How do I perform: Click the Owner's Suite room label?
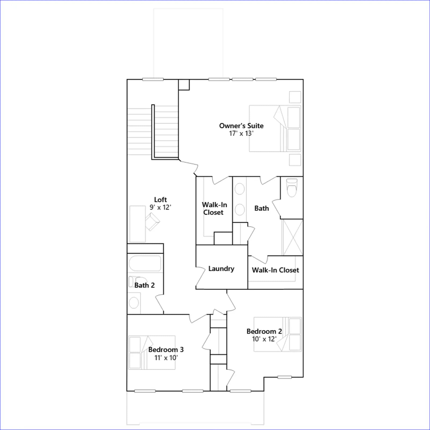click(x=241, y=126)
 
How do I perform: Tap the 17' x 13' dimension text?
click(x=241, y=134)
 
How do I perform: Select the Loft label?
click(x=160, y=200)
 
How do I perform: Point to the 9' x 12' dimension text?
click(x=160, y=207)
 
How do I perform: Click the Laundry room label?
click(x=221, y=269)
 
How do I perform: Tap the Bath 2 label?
click(x=145, y=285)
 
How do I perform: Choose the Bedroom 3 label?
click(x=166, y=350)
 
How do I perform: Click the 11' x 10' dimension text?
click(x=166, y=358)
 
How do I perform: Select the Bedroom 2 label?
click(x=264, y=331)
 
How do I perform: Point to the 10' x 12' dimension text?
click(x=264, y=339)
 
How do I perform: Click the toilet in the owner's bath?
click(x=292, y=188)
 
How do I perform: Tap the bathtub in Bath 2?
click(x=145, y=263)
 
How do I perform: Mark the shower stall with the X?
click(x=292, y=237)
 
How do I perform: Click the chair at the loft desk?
click(x=152, y=222)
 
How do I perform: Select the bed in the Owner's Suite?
click(x=275, y=128)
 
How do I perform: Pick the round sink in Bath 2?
click(x=134, y=303)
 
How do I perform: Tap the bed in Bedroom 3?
click(x=152, y=352)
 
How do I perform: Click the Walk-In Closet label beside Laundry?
click(x=275, y=270)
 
